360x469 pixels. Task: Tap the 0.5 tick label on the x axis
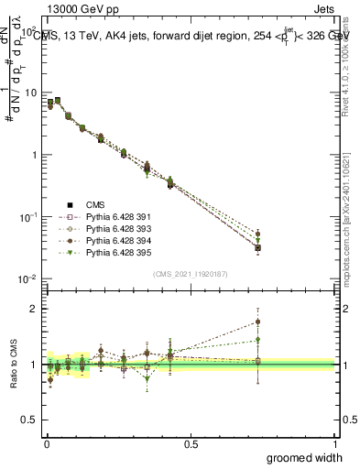190,443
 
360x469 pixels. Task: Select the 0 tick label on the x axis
46,443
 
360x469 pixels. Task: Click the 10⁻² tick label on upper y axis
27,278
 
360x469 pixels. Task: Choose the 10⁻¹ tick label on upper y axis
27,217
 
